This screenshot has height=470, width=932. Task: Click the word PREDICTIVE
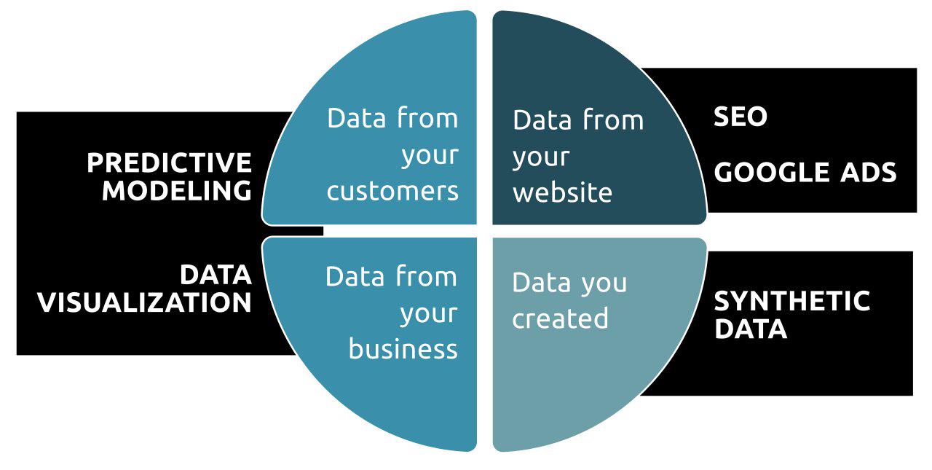(x=169, y=162)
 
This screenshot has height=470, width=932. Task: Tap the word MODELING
(x=177, y=191)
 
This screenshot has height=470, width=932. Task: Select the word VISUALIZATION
(x=144, y=302)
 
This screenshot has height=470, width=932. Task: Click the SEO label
(x=741, y=117)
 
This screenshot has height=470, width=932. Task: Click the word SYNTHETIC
(x=791, y=301)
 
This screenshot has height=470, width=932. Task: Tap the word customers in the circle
(x=392, y=191)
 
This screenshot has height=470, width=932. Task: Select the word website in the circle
(x=562, y=193)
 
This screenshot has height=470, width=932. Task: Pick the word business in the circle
(x=403, y=349)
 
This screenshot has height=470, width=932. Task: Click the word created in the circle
(x=560, y=318)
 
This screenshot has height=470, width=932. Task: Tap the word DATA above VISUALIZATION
(x=216, y=275)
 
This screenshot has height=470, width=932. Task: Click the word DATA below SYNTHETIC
(x=750, y=329)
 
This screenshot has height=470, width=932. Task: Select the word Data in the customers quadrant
(x=356, y=118)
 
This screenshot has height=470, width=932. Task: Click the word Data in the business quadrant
(x=355, y=277)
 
